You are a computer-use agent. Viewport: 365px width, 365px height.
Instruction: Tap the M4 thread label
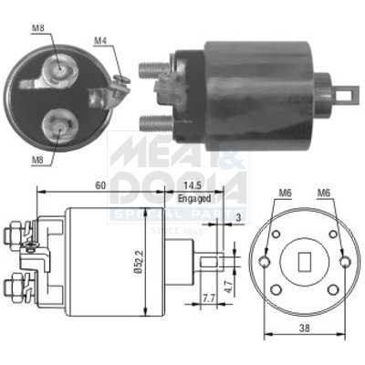pyautogui.click(x=101, y=39)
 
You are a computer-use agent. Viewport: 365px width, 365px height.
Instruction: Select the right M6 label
pyautogui.click(x=325, y=193)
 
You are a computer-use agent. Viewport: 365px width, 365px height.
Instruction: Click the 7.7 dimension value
pyautogui.click(x=208, y=298)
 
